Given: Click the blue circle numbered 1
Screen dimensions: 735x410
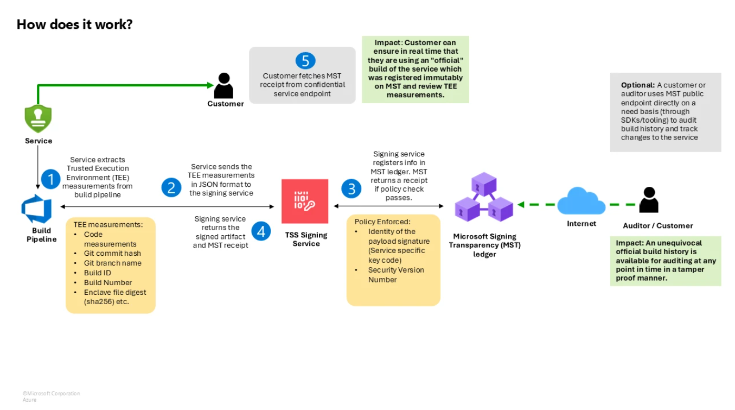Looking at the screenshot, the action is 50,179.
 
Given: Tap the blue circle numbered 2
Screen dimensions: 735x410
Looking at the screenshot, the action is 171,187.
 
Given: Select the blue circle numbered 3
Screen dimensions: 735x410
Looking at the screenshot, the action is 351,188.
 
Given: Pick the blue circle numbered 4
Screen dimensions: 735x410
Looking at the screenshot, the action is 261,231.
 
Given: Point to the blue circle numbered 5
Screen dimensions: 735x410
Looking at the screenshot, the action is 305,61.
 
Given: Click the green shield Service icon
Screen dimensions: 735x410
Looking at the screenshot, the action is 38,118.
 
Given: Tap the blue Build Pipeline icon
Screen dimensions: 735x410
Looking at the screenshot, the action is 36,209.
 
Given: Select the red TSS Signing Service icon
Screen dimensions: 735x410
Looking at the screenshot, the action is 305,201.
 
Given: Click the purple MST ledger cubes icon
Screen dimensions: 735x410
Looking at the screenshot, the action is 484,197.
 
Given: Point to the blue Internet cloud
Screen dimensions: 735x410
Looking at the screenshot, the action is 581,201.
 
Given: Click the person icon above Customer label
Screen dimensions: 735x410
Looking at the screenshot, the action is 224,85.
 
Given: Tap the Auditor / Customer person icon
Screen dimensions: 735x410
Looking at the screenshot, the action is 649,200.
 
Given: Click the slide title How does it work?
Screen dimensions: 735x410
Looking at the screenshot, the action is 74,24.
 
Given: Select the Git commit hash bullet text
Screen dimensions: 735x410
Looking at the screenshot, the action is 112,253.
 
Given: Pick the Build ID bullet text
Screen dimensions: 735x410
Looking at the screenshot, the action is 98,273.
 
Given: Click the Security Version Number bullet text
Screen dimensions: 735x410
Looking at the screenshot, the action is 396,275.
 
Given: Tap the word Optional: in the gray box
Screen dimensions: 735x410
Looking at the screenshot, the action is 637,85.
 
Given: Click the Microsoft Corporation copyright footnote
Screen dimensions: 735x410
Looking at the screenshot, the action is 51,394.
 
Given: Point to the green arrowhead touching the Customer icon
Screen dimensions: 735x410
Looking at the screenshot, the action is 210,85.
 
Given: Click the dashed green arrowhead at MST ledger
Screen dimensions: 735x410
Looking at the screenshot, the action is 521,205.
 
